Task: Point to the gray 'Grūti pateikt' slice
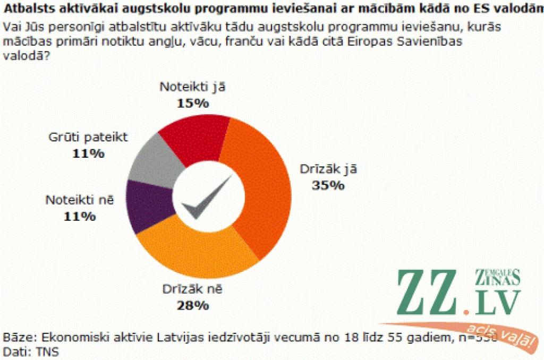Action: click(149, 162)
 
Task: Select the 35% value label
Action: click(329, 185)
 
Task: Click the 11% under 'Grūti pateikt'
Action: click(89, 154)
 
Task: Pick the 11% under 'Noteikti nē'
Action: click(80, 216)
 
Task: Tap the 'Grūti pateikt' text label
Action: click(89, 138)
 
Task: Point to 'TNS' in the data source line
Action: click(47, 351)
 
